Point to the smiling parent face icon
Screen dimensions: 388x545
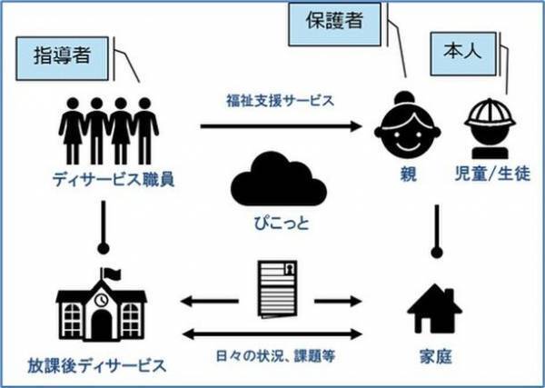pos(400,128)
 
